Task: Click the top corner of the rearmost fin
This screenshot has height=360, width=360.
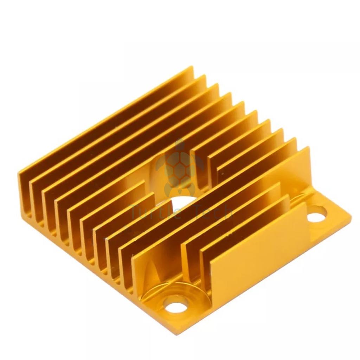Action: [192, 66]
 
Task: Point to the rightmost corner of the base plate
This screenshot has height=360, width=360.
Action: [351, 216]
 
